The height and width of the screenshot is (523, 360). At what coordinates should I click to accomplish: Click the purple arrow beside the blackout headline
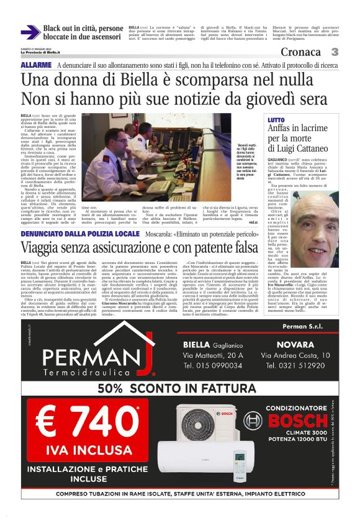pos(30,32)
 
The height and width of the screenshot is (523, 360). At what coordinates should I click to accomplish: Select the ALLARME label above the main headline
pos(36,65)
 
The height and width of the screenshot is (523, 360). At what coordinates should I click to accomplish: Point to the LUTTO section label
pos(276,119)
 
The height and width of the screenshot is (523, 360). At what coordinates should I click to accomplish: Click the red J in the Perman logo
pos(146,360)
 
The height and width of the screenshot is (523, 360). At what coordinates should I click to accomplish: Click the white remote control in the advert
pos(240,463)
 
